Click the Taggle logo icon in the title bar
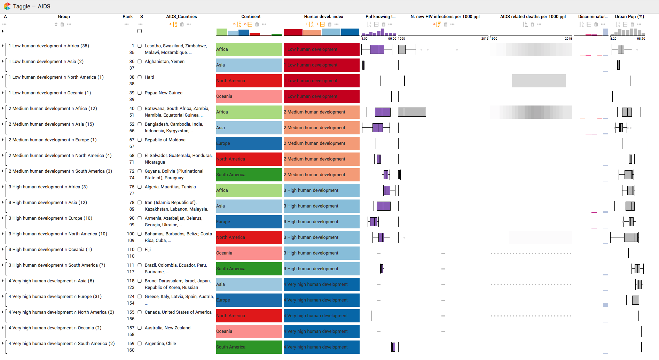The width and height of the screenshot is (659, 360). point(7,6)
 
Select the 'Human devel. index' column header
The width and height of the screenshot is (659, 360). point(323,17)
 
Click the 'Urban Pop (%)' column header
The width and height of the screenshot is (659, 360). point(629,17)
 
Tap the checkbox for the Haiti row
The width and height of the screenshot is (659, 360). point(140,77)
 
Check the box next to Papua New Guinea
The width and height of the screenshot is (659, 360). point(140,93)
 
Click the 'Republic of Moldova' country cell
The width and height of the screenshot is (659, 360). point(165,140)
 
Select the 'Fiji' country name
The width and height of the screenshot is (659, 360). point(148,250)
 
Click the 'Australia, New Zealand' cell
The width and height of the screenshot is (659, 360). point(167,328)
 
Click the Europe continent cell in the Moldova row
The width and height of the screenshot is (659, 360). point(249,143)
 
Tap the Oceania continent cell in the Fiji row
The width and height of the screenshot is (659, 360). point(249,253)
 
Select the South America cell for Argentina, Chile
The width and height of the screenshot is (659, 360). point(249,347)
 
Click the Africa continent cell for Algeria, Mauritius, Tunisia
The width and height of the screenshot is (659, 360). point(249,190)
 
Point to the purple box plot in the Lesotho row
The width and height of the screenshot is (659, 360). point(377,49)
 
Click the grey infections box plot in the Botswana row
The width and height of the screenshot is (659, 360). point(412,112)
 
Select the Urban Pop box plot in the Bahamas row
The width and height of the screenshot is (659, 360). point(630,237)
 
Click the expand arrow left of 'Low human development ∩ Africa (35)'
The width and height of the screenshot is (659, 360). point(3,46)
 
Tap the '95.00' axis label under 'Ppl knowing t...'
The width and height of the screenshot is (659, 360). point(392,39)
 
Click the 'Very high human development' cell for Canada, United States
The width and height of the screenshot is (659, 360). point(321,316)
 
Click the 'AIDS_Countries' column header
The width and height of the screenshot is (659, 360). point(181,17)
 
